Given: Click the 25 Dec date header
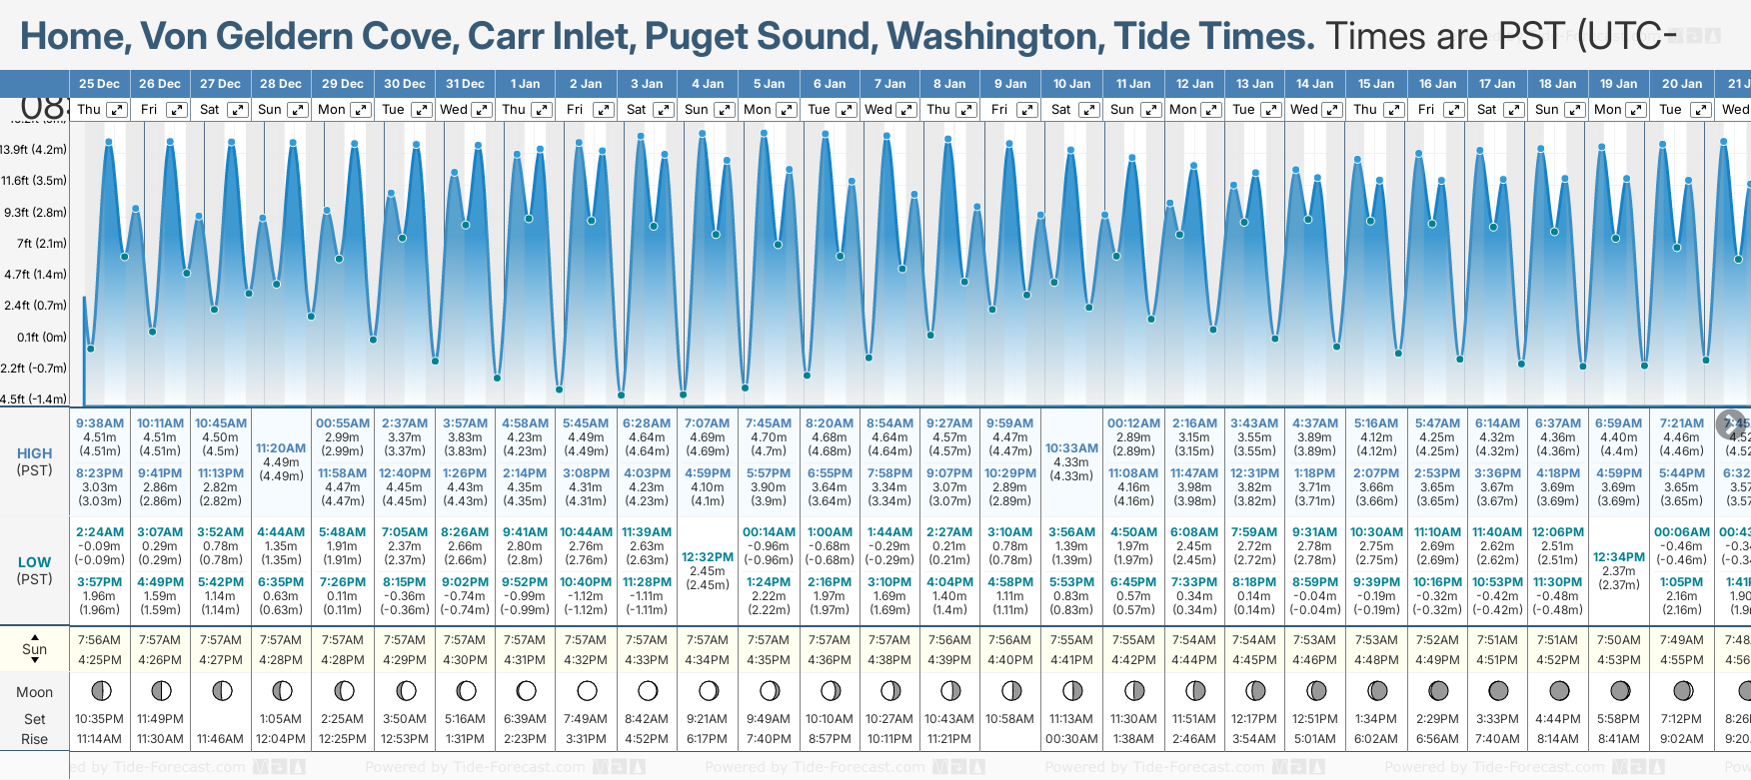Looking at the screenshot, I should (x=99, y=84).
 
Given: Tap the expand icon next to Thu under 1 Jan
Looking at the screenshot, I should (x=542, y=110).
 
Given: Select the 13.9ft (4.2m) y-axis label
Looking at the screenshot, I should (x=34, y=150).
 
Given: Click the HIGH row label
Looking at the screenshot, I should (x=34, y=453).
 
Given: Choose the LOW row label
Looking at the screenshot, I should (x=34, y=562).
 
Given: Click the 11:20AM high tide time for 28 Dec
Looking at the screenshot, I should (x=281, y=448).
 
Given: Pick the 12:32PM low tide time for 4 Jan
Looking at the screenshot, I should (x=708, y=557).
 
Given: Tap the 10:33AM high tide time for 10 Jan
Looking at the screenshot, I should (x=1071, y=448).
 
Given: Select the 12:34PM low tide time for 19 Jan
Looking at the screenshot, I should (x=1619, y=557).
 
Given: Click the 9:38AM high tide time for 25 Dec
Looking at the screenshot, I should (x=99, y=423).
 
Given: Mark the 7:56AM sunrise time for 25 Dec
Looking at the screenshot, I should (x=99, y=640).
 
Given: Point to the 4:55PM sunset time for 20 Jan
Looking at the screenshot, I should (x=1682, y=660).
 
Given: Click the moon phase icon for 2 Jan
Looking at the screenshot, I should (x=587, y=690).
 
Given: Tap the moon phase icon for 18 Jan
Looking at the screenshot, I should (x=1558, y=690).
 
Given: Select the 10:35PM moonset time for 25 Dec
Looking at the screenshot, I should (x=99, y=719).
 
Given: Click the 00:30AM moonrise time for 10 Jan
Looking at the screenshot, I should (x=1071, y=739).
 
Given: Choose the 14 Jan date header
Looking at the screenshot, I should (x=1315, y=84).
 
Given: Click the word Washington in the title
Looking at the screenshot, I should (x=995, y=37).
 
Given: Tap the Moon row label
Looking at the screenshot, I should (x=34, y=692).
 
